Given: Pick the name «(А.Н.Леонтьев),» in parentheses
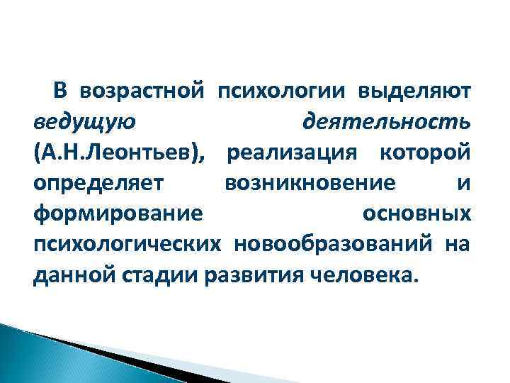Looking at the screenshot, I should click(x=114, y=153).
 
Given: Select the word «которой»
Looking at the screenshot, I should click(x=424, y=153).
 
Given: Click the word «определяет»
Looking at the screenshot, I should click(x=98, y=184).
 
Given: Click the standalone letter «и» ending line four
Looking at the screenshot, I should click(x=463, y=184).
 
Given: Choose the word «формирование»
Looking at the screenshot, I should click(x=118, y=213).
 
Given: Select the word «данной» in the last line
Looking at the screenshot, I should click(x=68, y=274).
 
